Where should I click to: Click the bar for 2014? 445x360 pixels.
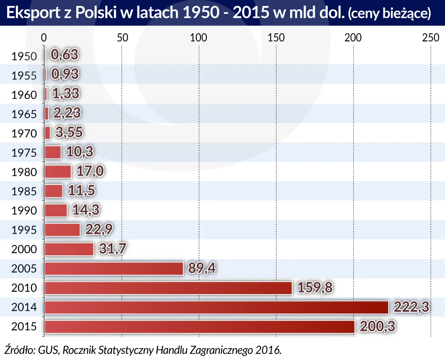pos(217,307)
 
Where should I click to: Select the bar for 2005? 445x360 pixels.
pos(114,269)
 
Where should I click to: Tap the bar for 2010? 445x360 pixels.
pos(168,288)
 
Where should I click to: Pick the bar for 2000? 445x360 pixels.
pos(69,249)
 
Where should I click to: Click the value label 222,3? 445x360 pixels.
pos(411,307)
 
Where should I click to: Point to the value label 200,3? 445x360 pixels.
pos(377,326)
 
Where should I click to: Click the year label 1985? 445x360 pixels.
pos(24,192)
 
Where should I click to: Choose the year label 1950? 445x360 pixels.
pos(24,56)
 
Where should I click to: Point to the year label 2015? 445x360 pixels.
pos(24,327)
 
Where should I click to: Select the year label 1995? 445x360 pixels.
pos(24,230)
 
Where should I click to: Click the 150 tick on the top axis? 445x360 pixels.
pos(276,38)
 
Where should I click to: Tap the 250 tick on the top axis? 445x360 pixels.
pos(430,38)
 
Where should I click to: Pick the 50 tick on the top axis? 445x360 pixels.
pos(122,38)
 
